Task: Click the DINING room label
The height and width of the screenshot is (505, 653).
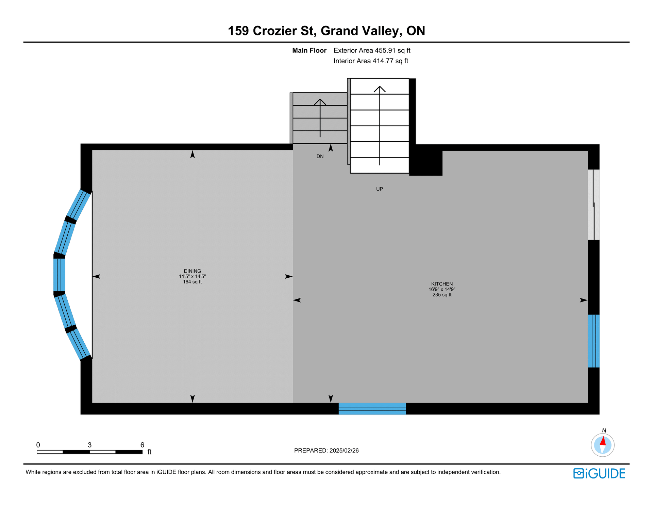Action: pyautogui.click(x=192, y=271)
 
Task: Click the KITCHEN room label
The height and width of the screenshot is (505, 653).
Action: pyautogui.click(x=442, y=284)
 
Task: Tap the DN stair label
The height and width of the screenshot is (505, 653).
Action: pyautogui.click(x=320, y=157)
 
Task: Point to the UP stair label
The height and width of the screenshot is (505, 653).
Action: pyautogui.click(x=380, y=189)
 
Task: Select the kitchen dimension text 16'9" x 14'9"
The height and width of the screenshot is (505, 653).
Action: pyautogui.click(x=442, y=289)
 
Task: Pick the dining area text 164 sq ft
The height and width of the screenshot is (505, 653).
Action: pyautogui.click(x=192, y=282)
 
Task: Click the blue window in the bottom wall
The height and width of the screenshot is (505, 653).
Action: pyautogui.click(x=372, y=409)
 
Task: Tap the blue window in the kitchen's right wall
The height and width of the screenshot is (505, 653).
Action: pyautogui.click(x=593, y=341)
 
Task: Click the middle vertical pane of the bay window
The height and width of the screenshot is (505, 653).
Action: pyautogui.click(x=59, y=275)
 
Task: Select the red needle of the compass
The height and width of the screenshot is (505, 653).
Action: pyautogui.click(x=603, y=441)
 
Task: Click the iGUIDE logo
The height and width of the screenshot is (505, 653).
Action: pyautogui.click(x=599, y=473)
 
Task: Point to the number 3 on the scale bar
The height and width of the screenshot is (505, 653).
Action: pyautogui.click(x=89, y=445)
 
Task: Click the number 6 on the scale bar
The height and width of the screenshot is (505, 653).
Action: pyautogui.click(x=142, y=445)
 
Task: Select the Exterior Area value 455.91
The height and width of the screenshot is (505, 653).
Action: pyautogui.click(x=385, y=51)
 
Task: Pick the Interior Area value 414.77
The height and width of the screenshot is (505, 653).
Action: pyautogui.click(x=383, y=61)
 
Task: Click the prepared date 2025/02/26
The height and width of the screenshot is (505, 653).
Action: pyautogui.click(x=344, y=451)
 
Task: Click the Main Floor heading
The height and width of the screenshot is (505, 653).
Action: pyautogui.click(x=309, y=51)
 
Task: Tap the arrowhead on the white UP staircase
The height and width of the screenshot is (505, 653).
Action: pyautogui.click(x=380, y=89)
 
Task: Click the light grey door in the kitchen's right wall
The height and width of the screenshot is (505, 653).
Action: pyautogui.click(x=593, y=205)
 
